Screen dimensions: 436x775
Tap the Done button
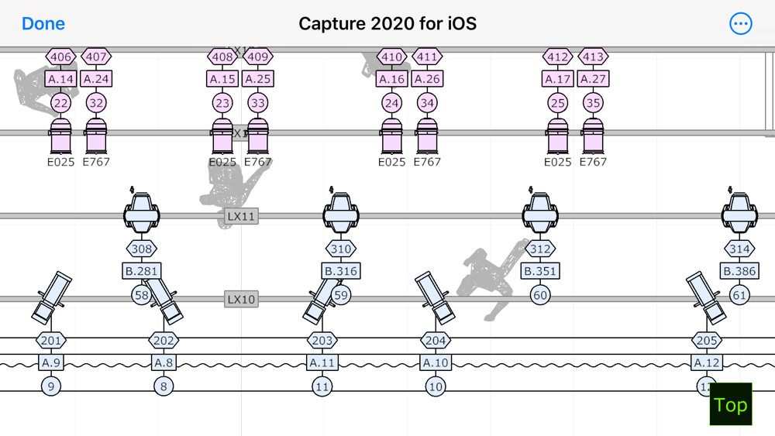[43, 24]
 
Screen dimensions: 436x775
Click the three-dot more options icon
[741, 24]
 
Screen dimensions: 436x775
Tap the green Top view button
[731, 404]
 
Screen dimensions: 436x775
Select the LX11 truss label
[241, 216]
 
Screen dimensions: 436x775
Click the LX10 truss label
[241, 300]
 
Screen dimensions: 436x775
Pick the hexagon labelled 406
[61, 57]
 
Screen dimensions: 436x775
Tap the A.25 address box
[258, 79]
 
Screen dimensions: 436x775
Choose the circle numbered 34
[427, 103]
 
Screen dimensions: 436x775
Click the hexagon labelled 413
[593, 57]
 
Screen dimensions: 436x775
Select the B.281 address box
[142, 271]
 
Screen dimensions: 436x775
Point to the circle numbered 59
[341, 295]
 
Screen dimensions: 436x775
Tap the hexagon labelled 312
[540, 249]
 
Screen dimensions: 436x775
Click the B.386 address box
[739, 271]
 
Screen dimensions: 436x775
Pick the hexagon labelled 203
[322, 341]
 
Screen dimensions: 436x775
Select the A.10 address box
[436, 362]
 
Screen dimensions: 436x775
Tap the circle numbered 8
[164, 386]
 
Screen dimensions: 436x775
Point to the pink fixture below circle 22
[61, 136]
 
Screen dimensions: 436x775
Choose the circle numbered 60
[540, 295]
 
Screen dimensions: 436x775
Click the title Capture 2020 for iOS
[387, 24]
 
